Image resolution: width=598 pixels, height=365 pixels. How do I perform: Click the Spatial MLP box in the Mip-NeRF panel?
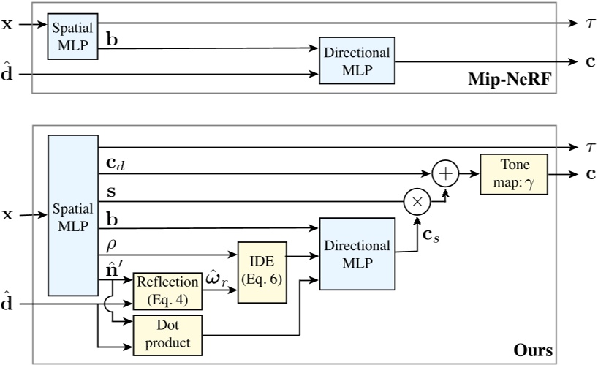coord(72,36)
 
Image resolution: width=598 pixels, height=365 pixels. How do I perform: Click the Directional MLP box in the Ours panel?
coord(355,253)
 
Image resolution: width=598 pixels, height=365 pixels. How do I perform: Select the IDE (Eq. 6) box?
coord(261,271)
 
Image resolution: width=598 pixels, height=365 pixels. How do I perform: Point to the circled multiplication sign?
coord(416,200)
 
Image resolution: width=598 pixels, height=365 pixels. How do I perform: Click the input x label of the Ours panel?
coord(8,216)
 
